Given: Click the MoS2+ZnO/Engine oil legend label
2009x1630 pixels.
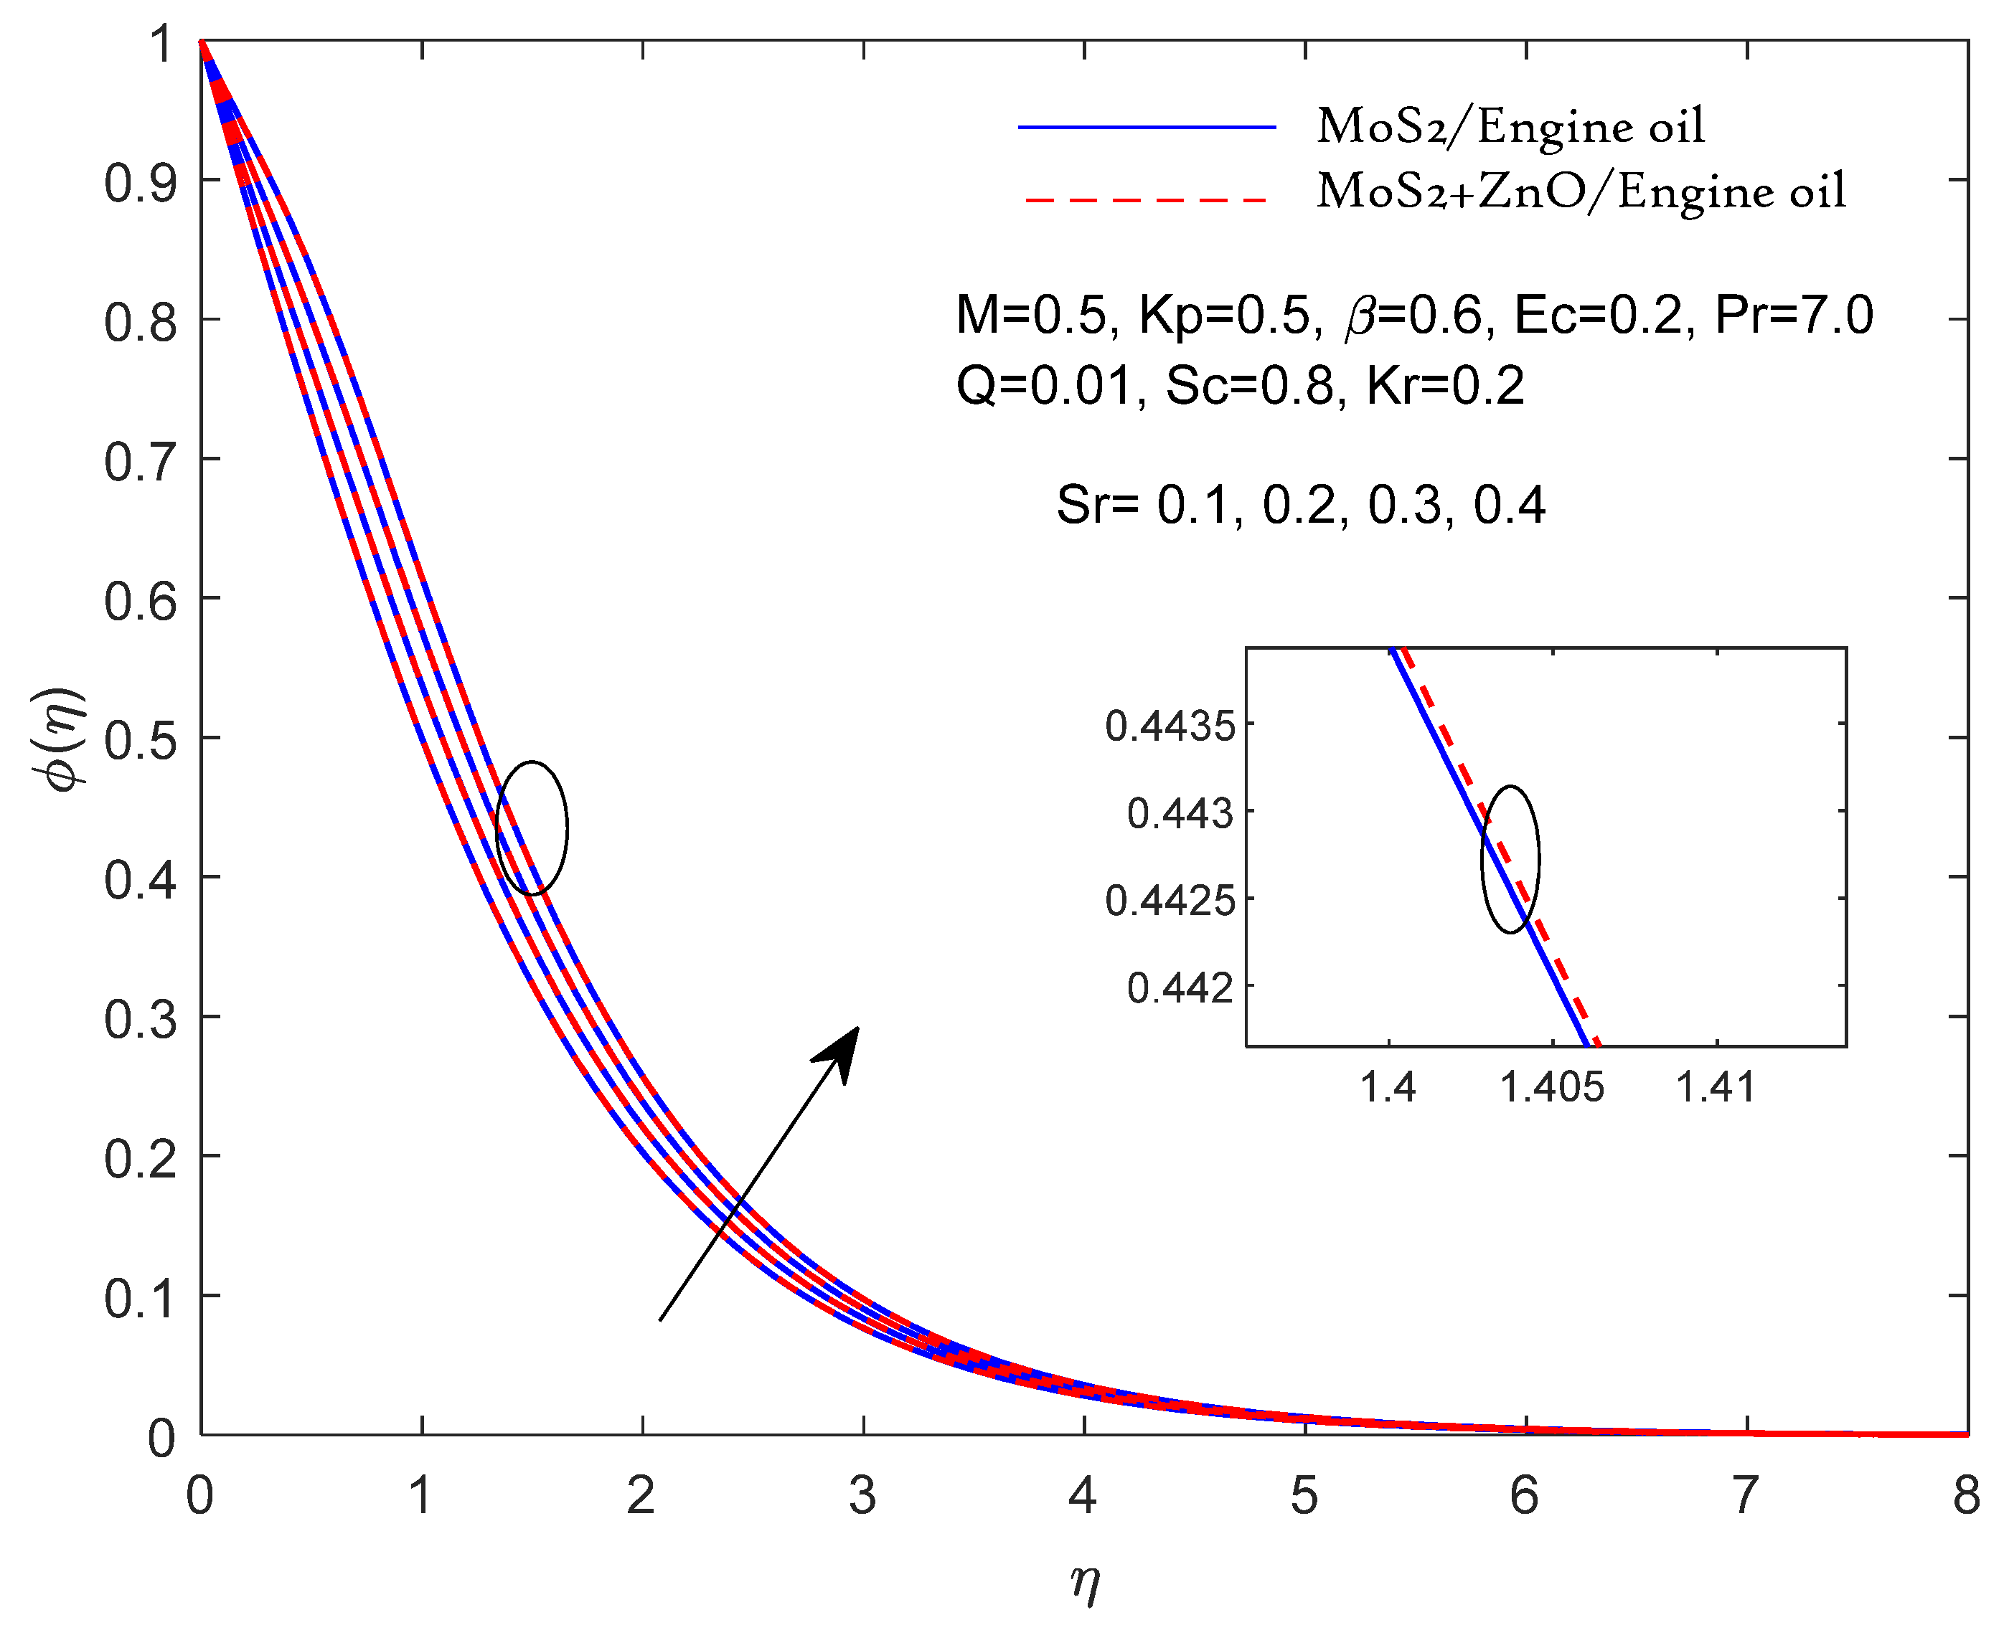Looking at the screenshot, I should pyautogui.click(x=1581, y=191).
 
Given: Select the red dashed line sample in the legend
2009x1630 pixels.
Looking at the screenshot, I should pyautogui.click(x=1147, y=200).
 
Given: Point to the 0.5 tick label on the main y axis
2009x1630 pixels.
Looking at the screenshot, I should pyautogui.click(x=140, y=741).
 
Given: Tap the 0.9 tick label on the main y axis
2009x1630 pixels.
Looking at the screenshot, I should pyautogui.click(x=140, y=182).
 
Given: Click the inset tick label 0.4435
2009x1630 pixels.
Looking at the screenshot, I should pyautogui.click(x=1170, y=726).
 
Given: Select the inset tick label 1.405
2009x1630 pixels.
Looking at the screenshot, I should pyautogui.click(x=1552, y=1087).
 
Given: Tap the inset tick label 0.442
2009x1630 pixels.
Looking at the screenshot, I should pyautogui.click(x=1180, y=987).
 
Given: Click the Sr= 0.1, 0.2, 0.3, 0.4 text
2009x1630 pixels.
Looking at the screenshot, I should pyautogui.click(x=1300, y=505).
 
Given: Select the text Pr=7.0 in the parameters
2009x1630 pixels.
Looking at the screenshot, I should pyautogui.click(x=1793, y=315).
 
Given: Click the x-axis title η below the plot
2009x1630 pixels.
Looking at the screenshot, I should pyautogui.click(x=1084, y=1583).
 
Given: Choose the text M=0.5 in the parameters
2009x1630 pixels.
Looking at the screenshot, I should pyautogui.click(x=1031, y=315).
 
